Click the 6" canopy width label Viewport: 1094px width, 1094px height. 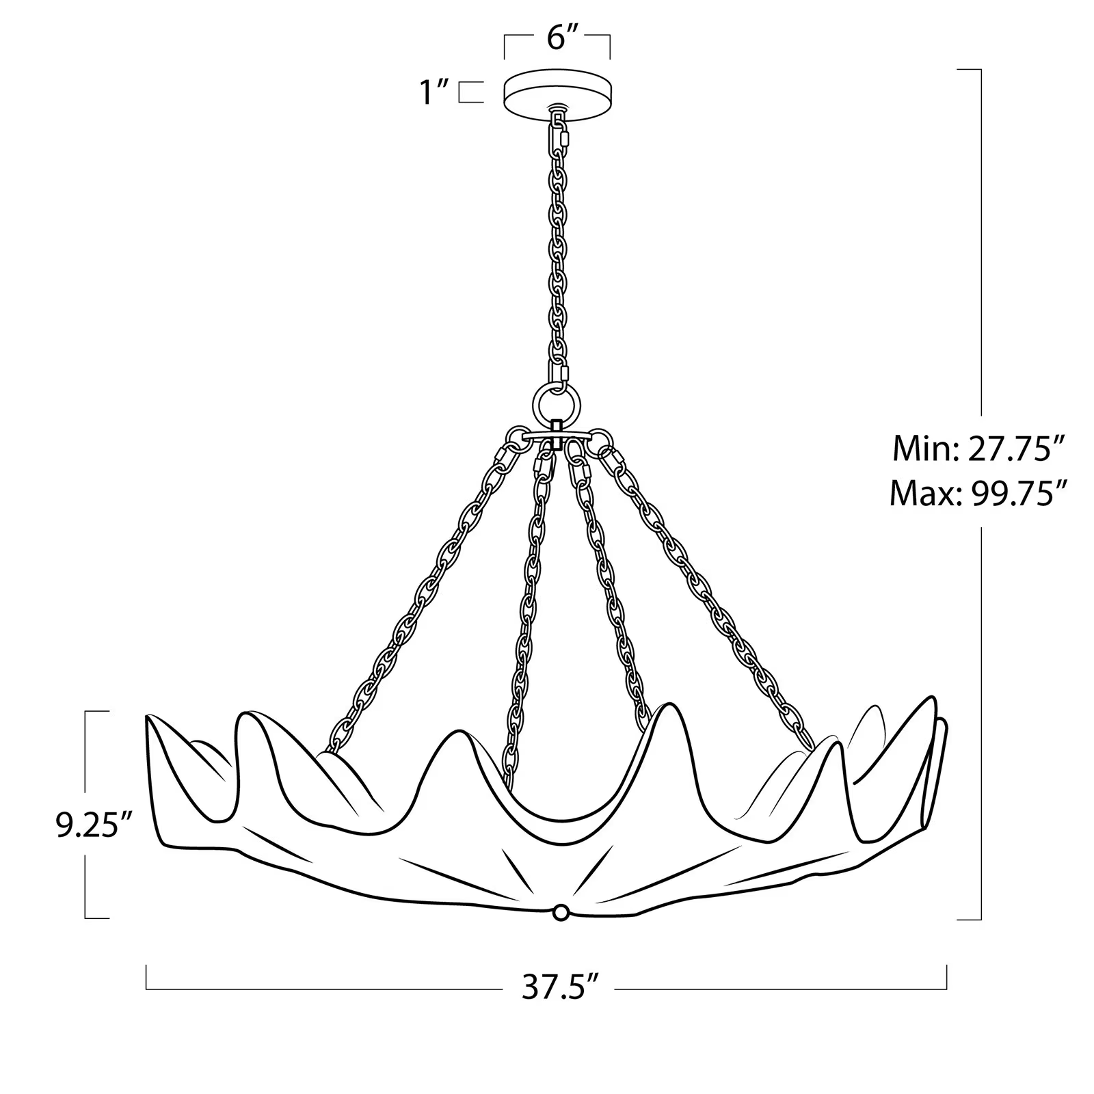point(557,39)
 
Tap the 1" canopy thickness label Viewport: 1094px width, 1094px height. point(433,92)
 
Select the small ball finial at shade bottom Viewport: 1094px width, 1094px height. point(561,911)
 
